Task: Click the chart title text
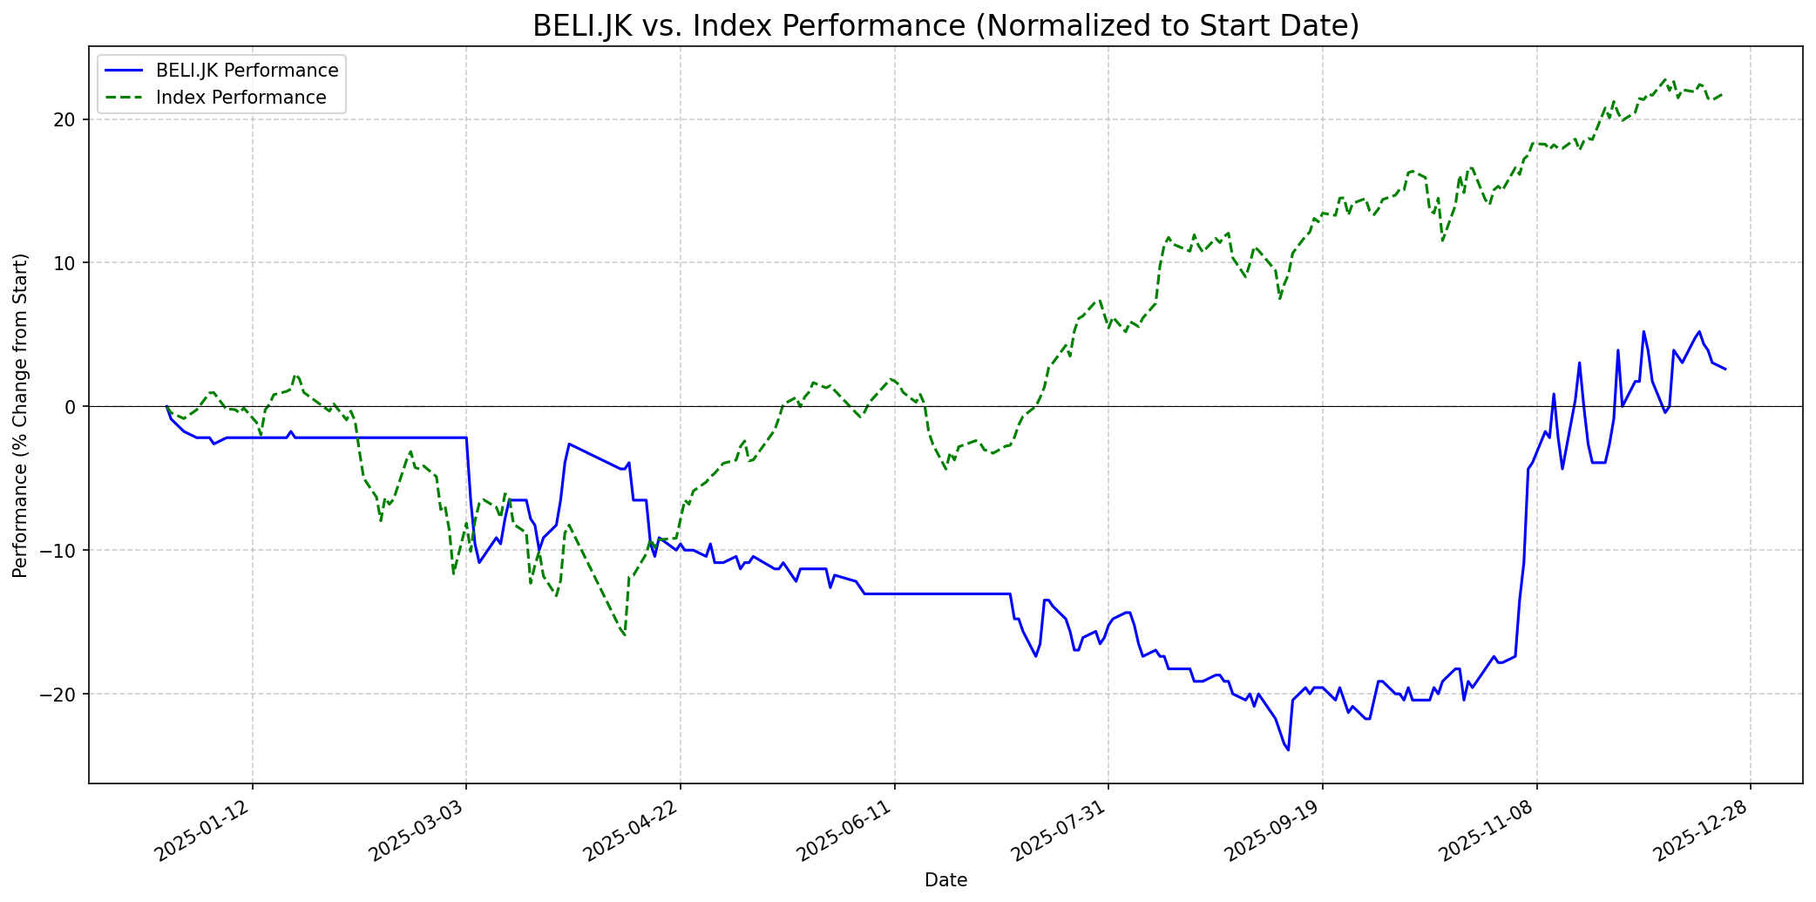[x=945, y=26]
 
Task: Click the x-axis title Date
[x=945, y=880]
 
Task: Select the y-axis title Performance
[x=21, y=415]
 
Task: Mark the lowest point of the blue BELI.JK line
[x=1288, y=749]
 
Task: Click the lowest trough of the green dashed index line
[x=624, y=635]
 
